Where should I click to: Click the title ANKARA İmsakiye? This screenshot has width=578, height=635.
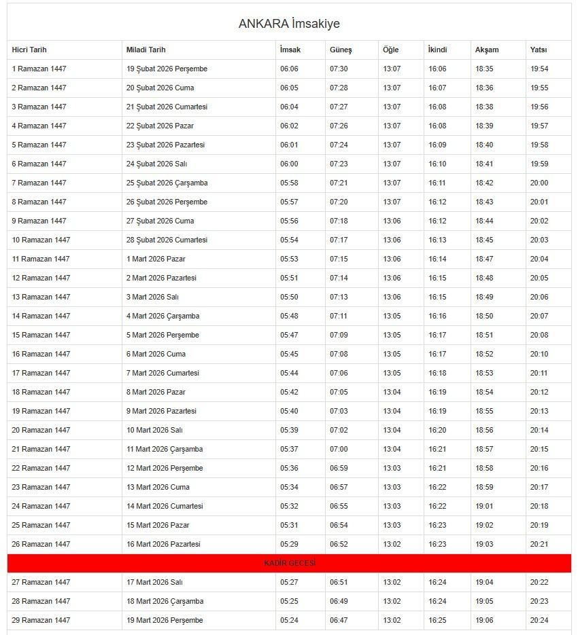click(289, 24)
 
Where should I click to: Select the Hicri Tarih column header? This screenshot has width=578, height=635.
click(29, 50)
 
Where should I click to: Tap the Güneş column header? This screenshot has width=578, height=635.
click(341, 50)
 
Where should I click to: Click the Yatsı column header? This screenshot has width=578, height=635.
click(539, 50)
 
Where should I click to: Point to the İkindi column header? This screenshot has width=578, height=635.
click(437, 50)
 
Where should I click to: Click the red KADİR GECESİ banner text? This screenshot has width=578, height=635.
click(290, 563)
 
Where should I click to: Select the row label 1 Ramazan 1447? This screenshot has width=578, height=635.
click(39, 69)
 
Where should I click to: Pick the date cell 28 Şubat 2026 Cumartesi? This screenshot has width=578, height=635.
click(167, 240)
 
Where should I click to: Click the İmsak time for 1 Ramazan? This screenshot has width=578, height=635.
click(289, 69)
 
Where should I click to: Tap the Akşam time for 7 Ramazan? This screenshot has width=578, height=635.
click(484, 183)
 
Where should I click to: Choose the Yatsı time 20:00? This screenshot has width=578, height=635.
click(539, 183)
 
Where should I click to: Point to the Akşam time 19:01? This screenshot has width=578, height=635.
click(484, 506)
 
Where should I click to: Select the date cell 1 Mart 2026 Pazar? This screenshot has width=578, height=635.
click(156, 259)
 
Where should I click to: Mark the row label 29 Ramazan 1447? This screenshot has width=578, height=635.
click(41, 620)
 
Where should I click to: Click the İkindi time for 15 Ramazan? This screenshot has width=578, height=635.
click(437, 335)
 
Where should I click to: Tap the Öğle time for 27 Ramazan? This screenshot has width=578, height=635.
click(392, 582)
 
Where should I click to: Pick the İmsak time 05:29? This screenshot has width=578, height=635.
click(289, 544)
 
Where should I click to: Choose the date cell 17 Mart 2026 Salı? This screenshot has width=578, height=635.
click(154, 582)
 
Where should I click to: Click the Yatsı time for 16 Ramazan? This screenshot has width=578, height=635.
click(539, 354)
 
